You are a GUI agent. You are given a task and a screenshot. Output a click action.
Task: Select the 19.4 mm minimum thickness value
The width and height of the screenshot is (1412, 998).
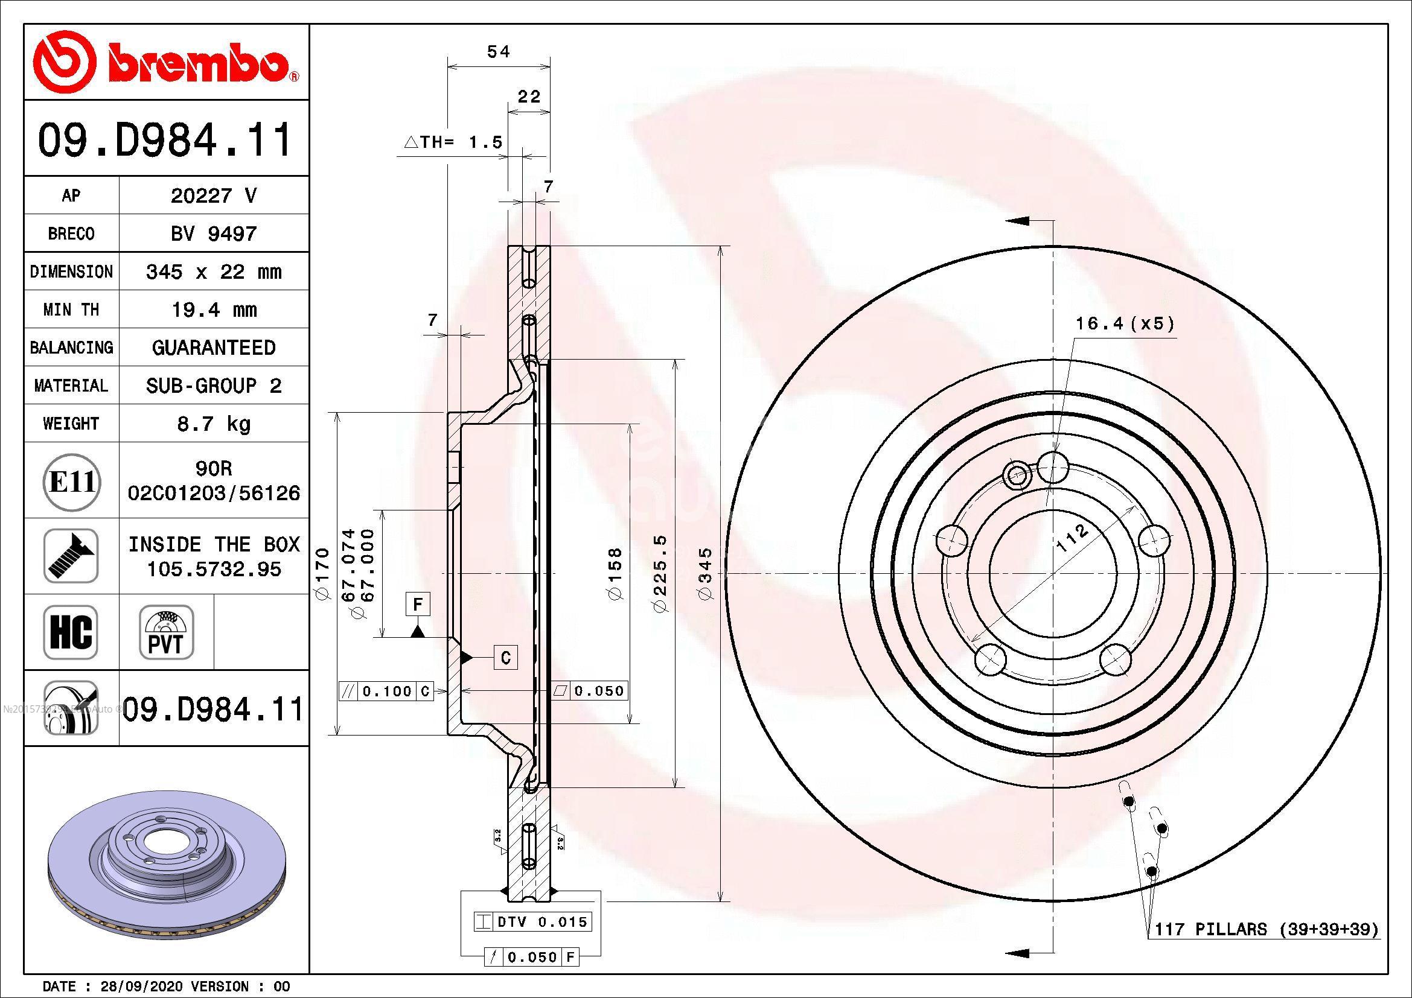[x=213, y=310]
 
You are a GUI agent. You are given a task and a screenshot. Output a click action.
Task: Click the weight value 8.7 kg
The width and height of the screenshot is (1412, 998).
[x=213, y=424]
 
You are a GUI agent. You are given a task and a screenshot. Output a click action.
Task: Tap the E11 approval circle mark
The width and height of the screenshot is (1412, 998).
[x=71, y=481]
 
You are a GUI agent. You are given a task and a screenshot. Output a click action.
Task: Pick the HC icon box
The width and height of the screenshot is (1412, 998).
[x=71, y=632]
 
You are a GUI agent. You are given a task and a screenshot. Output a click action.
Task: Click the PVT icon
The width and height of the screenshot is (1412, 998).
[x=166, y=632]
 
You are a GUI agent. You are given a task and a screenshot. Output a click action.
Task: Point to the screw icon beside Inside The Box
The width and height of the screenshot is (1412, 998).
[x=71, y=556]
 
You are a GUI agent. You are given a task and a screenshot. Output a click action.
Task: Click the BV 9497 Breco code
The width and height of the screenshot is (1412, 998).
[x=213, y=234]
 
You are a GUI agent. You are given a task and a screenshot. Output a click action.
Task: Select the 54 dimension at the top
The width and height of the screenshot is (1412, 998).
[x=498, y=52]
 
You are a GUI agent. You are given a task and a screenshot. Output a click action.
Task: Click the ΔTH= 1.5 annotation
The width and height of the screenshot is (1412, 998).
[x=453, y=142]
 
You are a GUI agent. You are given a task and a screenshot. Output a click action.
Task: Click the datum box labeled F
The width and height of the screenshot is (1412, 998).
[x=418, y=605]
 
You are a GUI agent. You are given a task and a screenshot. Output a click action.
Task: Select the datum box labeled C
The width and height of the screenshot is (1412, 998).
[x=505, y=658]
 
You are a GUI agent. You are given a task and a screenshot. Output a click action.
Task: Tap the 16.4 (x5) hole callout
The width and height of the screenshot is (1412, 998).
[x=1125, y=323]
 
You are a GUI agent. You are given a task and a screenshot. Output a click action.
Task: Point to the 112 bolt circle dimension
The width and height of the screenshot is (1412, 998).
[x=1072, y=538]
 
